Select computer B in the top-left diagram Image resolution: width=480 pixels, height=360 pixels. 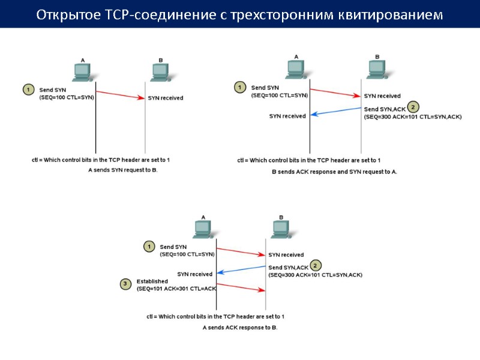coord(160,71)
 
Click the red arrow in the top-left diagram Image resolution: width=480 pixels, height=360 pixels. coord(120,95)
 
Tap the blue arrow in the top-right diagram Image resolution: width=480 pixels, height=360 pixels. coord(335,112)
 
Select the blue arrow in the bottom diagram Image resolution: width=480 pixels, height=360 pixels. coord(241,269)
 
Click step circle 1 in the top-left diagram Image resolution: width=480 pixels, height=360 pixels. coord(28,90)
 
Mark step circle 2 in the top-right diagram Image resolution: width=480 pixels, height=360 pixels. coord(413,107)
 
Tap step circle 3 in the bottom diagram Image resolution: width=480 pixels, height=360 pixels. coord(125,283)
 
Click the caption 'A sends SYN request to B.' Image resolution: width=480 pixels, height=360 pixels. coord(122,170)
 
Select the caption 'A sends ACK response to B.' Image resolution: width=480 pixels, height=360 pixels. coord(240,328)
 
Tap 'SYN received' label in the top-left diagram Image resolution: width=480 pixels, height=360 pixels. coord(166,98)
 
